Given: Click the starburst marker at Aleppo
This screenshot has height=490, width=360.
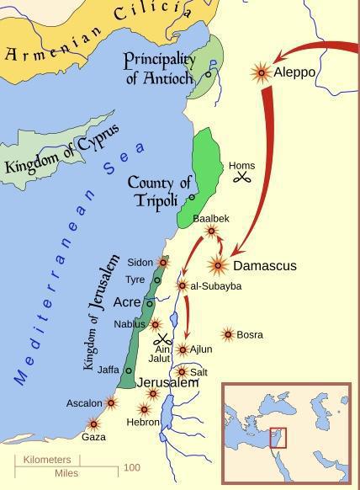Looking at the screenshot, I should click(262, 72).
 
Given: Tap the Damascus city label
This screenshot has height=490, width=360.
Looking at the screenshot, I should click(264, 266).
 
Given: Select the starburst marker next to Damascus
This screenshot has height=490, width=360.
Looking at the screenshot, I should click(219, 266).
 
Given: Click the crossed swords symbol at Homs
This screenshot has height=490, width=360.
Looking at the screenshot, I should click(243, 178).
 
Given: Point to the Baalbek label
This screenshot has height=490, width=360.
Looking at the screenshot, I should click(210, 218).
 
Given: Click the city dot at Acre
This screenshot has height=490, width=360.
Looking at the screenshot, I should click(150, 304).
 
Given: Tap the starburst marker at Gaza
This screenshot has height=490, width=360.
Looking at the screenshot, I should click(93, 423).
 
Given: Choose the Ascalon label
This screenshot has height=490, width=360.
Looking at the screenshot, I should click(84, 403).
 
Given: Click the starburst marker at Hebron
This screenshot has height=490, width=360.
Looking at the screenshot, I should click(144, 410).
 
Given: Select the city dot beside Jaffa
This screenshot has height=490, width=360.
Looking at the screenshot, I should click(129, 370).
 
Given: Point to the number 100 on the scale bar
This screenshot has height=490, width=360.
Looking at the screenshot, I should click(132, 467).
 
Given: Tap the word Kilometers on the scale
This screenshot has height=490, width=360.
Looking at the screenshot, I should click(47, 460).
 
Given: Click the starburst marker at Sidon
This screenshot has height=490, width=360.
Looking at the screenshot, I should click(163, 263).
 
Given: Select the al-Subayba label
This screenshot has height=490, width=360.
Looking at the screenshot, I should click(216, 286).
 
